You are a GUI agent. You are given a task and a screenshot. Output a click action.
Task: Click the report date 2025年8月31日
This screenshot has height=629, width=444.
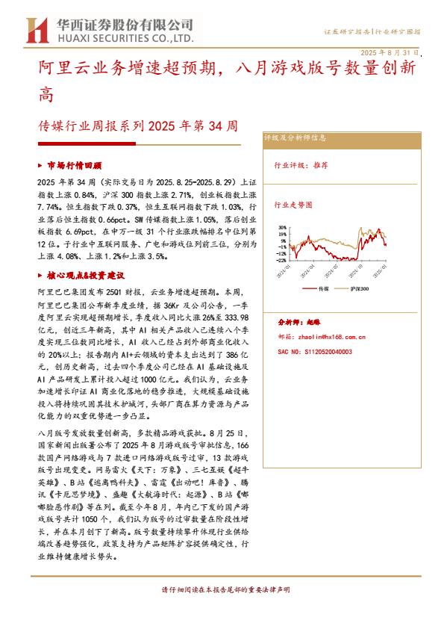point(390,53)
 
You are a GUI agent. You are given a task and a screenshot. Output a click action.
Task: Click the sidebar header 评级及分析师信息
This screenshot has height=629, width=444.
point(296,138)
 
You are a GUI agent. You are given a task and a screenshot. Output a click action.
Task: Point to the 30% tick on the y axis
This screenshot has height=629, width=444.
point(281,227)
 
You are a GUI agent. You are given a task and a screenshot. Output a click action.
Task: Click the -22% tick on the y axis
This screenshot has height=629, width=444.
point(281,261)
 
